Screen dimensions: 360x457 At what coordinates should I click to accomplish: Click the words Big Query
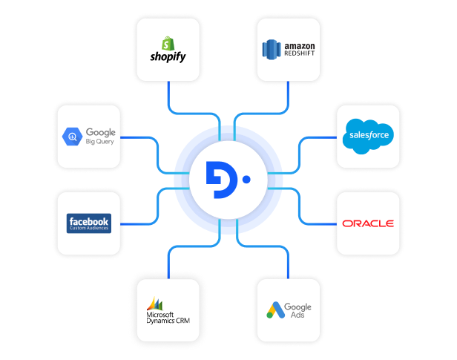(100, 141)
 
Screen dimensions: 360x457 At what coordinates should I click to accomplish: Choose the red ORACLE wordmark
(368, 223)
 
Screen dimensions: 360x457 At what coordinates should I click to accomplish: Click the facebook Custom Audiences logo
(88, 223)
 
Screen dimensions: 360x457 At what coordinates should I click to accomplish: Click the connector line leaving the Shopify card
(168, 93)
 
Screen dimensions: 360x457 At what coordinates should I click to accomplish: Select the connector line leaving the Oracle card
(319, 223)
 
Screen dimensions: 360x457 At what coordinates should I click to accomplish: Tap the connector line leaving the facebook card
(137, 223)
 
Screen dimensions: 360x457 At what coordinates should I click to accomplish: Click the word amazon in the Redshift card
(300, 45)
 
